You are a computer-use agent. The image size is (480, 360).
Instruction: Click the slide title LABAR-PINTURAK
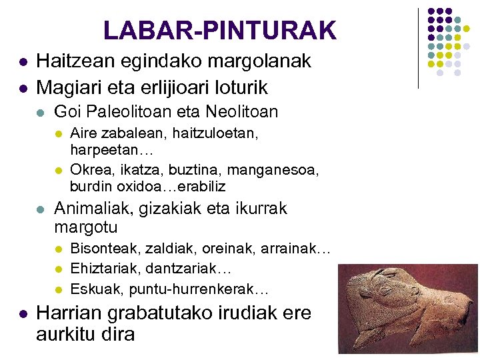pos(220,30)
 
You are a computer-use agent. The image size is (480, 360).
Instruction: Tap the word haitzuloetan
pos(213,133)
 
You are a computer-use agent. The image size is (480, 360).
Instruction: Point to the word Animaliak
pos(91,209)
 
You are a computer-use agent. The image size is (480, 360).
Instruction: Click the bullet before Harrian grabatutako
pos(23,314)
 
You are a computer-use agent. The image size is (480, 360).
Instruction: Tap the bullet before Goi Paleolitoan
pos(41,112)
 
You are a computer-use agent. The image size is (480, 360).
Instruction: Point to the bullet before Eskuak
pos(58,289)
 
